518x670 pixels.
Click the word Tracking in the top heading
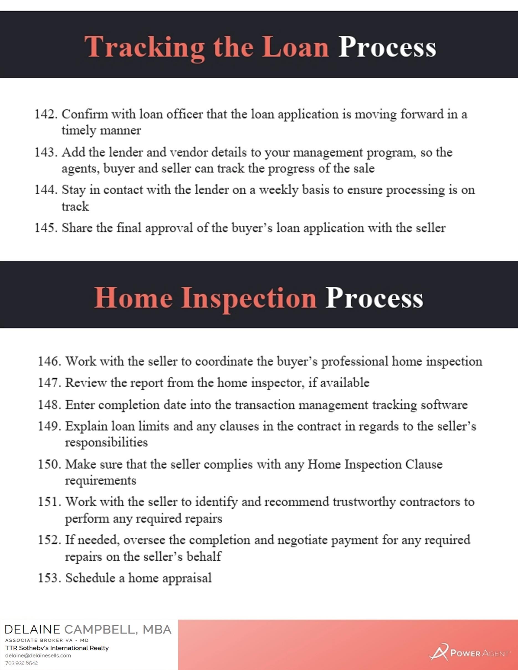pos(145,47)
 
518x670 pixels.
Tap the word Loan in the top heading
pos(295,47)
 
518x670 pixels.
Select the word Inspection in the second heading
pos(248,298)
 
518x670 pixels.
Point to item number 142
pos(46,114)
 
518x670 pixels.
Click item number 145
pos(46,228)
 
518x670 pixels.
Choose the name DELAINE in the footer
pos(32,630)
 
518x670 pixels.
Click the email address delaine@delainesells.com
pos(38,656)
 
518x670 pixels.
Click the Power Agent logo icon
pos(438,652)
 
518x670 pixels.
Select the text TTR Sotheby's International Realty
pos(57,648)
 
